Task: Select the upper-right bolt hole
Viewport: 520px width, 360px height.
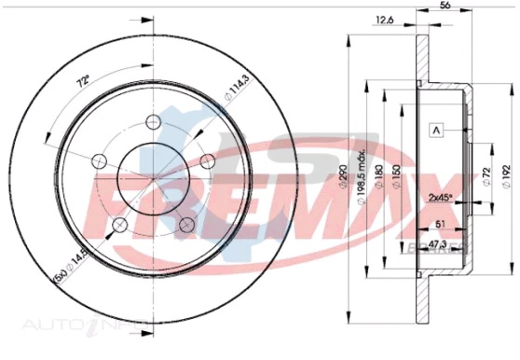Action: point(210,159)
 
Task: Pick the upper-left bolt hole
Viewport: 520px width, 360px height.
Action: point(98,159)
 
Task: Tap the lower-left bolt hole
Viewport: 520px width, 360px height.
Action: point(119,225)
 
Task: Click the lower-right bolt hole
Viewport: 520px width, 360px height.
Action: point(188,225)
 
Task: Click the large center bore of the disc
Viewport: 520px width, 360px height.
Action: point(154,178)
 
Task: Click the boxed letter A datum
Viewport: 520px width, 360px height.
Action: point(435,130)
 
